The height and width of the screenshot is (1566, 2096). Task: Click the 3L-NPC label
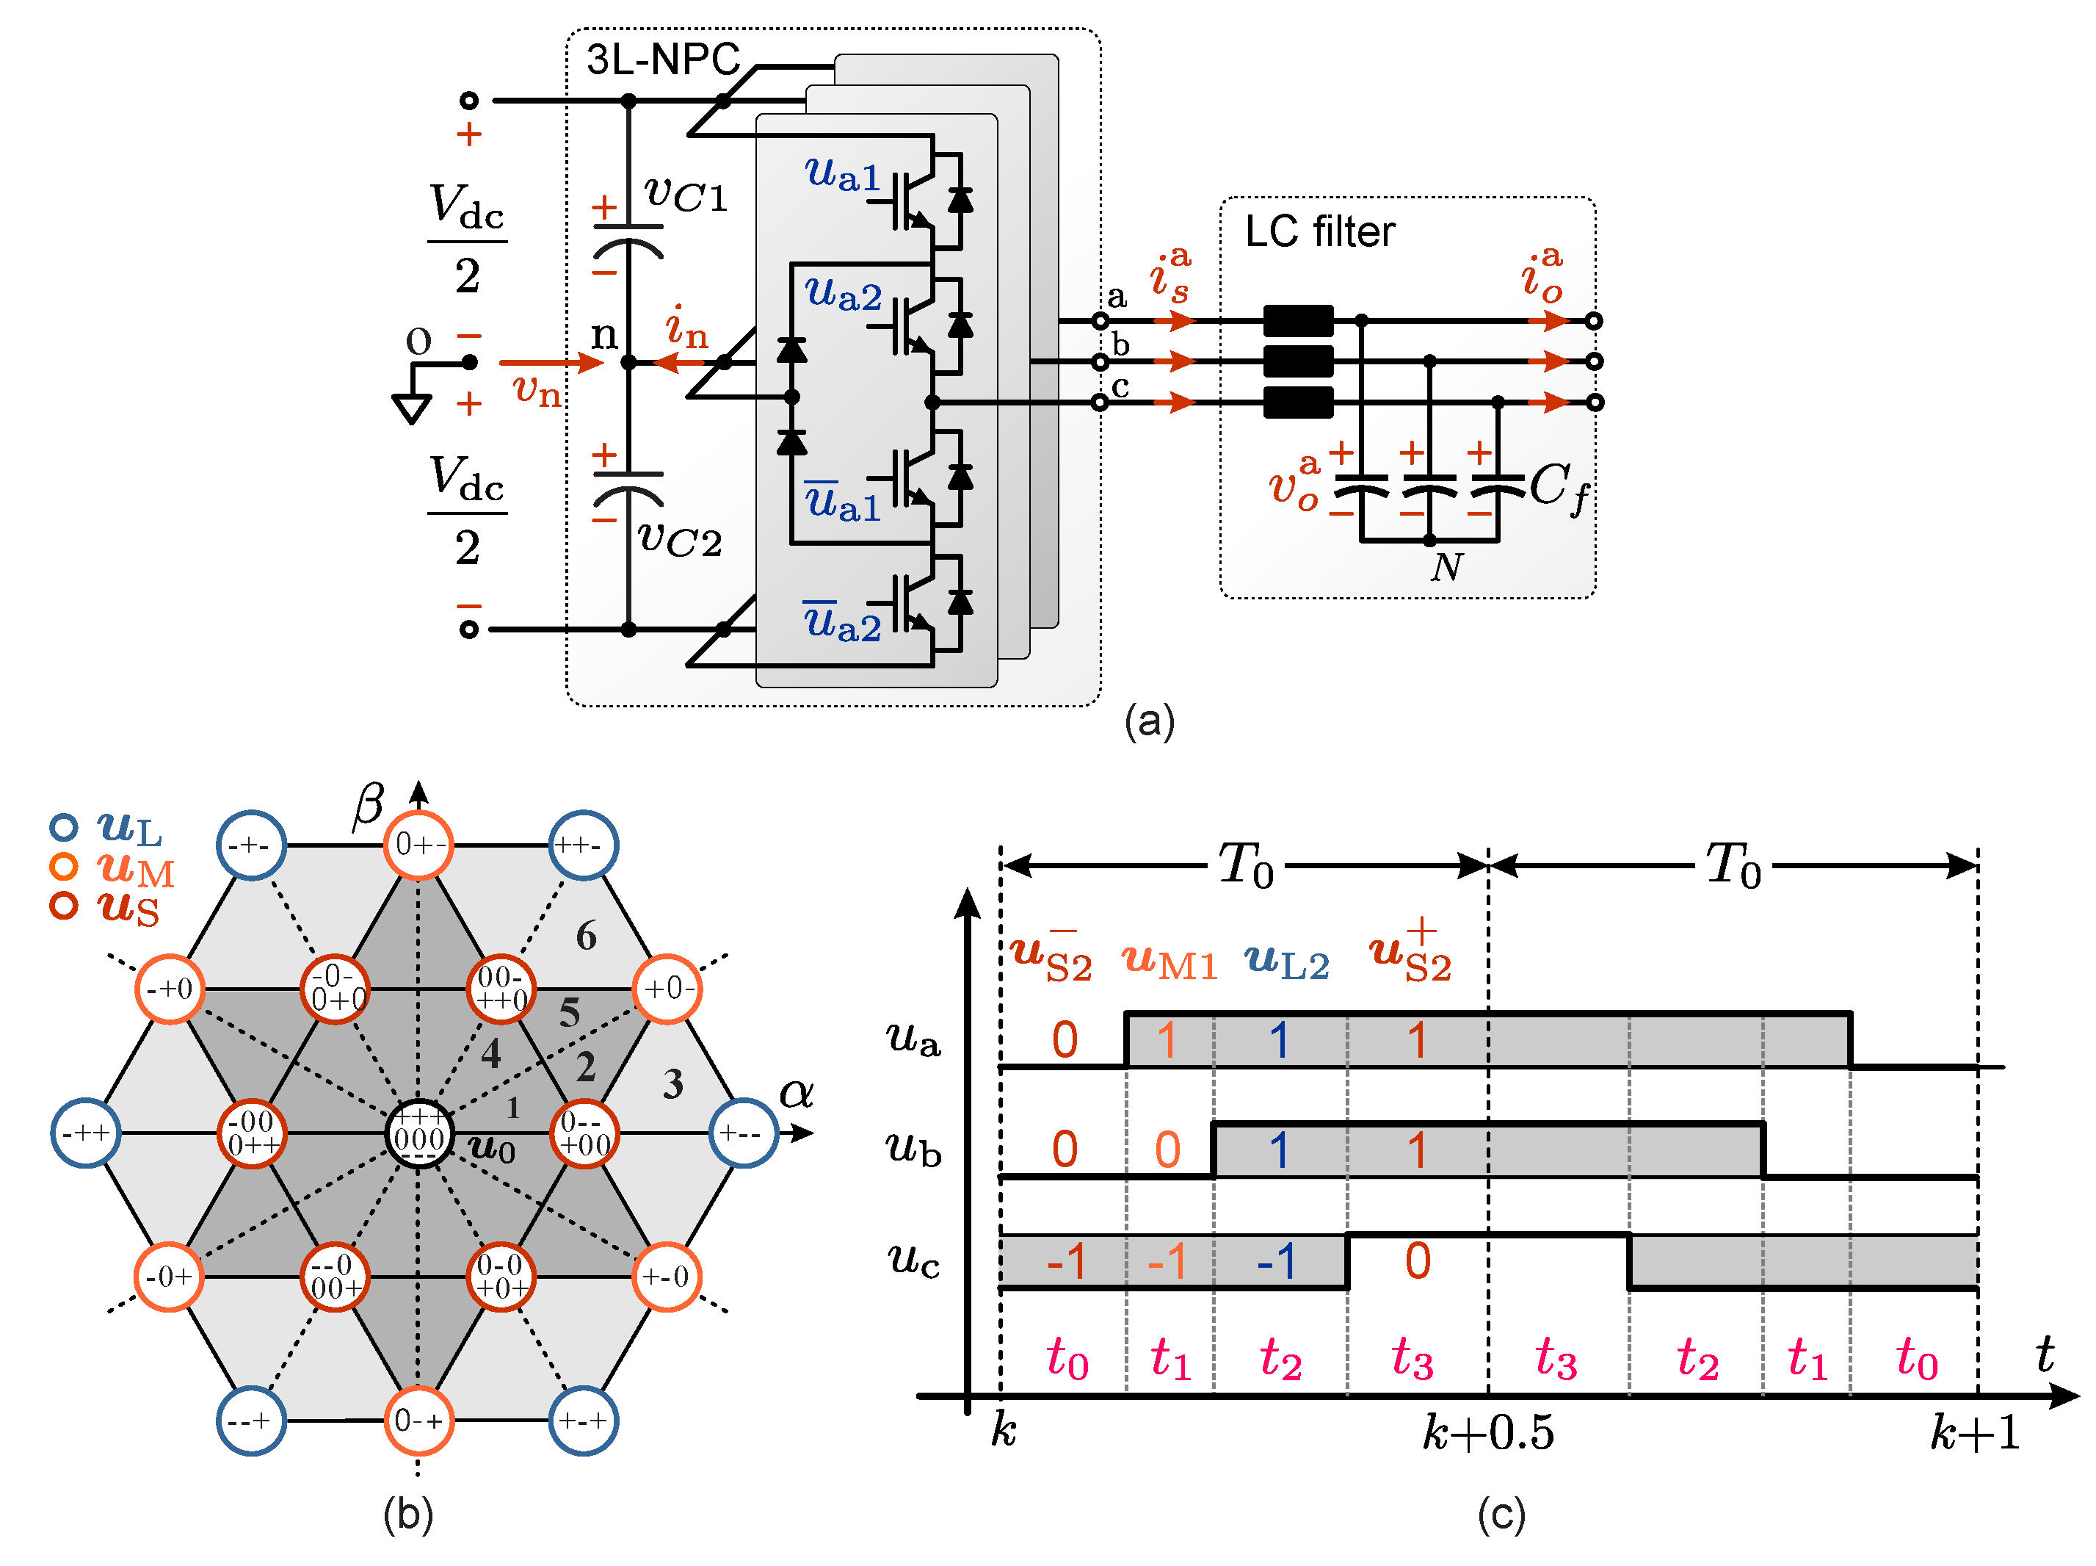[x=662, y=59]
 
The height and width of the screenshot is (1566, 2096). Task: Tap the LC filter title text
[x=1319, y=232]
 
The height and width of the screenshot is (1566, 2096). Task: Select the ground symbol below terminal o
[x=412, y=408]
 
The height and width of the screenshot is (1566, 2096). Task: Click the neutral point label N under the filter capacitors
[x=1447, y=568]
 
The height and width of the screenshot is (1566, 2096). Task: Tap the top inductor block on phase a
[x=1298, y=320]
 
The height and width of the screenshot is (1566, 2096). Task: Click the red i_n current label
[x=686, y=328]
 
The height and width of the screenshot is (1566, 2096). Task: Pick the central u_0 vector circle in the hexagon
[x=418, y=1134]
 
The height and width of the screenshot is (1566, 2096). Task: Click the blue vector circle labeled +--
[x=744, y=1134]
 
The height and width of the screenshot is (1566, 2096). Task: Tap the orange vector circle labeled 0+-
[x=418, y=845]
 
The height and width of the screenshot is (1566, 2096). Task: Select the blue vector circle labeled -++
[x=85, y=1134]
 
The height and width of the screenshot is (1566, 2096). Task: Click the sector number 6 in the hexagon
[x=587, y=937]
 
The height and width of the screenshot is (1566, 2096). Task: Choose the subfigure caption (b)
[x=408, y=1514]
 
